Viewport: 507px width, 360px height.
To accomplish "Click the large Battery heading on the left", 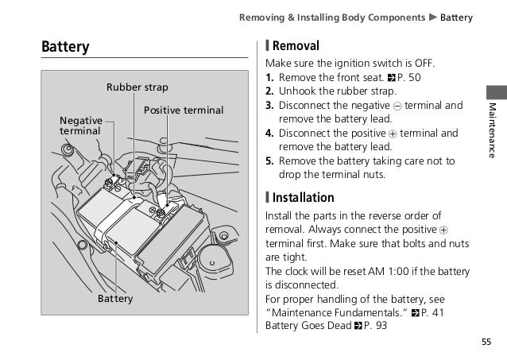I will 65,48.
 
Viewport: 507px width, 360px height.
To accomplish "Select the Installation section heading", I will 303,197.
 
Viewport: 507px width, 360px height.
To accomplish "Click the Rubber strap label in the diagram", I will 137,87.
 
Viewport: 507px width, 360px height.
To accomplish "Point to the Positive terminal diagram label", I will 184,110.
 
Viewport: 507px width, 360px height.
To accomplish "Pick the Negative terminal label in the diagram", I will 80,125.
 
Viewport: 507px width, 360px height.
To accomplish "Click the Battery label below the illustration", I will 115,299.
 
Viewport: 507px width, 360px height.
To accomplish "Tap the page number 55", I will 485,343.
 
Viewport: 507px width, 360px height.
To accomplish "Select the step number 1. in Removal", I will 270,78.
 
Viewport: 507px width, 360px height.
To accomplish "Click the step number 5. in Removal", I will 270,161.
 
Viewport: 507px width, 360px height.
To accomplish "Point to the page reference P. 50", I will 405,78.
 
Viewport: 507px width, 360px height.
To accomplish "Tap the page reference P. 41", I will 432,311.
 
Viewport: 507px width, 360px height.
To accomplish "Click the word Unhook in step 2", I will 296,91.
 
